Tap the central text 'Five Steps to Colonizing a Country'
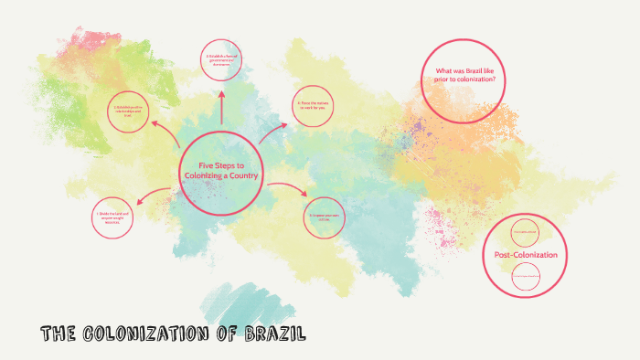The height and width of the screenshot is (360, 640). [x=220, y=170]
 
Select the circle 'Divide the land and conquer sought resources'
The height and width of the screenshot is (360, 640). [x=116, y=218]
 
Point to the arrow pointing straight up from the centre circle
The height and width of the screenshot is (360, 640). [x=220, y=107]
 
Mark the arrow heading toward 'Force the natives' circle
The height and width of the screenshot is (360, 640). [x=272, y=133]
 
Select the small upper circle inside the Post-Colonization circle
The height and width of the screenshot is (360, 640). [x=525, y=231]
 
